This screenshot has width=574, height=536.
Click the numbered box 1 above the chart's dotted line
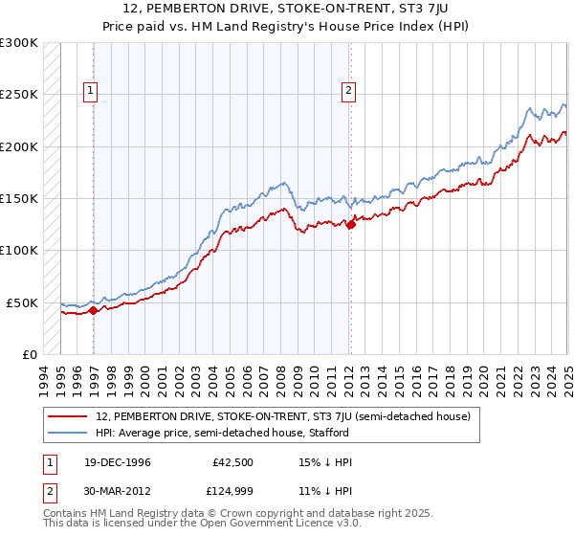(91, 91)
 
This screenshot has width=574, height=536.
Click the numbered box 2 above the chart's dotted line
(348, 91)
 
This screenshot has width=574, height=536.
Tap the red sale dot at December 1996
(94, 310)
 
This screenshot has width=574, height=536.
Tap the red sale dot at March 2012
(351, 225)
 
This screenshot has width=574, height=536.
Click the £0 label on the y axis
(30, 354)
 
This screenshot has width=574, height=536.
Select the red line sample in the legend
(69, 417)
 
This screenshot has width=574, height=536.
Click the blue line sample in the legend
(69, 433)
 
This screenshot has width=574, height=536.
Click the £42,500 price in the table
(232, 462)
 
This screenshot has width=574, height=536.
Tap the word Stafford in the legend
(328, 433)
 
